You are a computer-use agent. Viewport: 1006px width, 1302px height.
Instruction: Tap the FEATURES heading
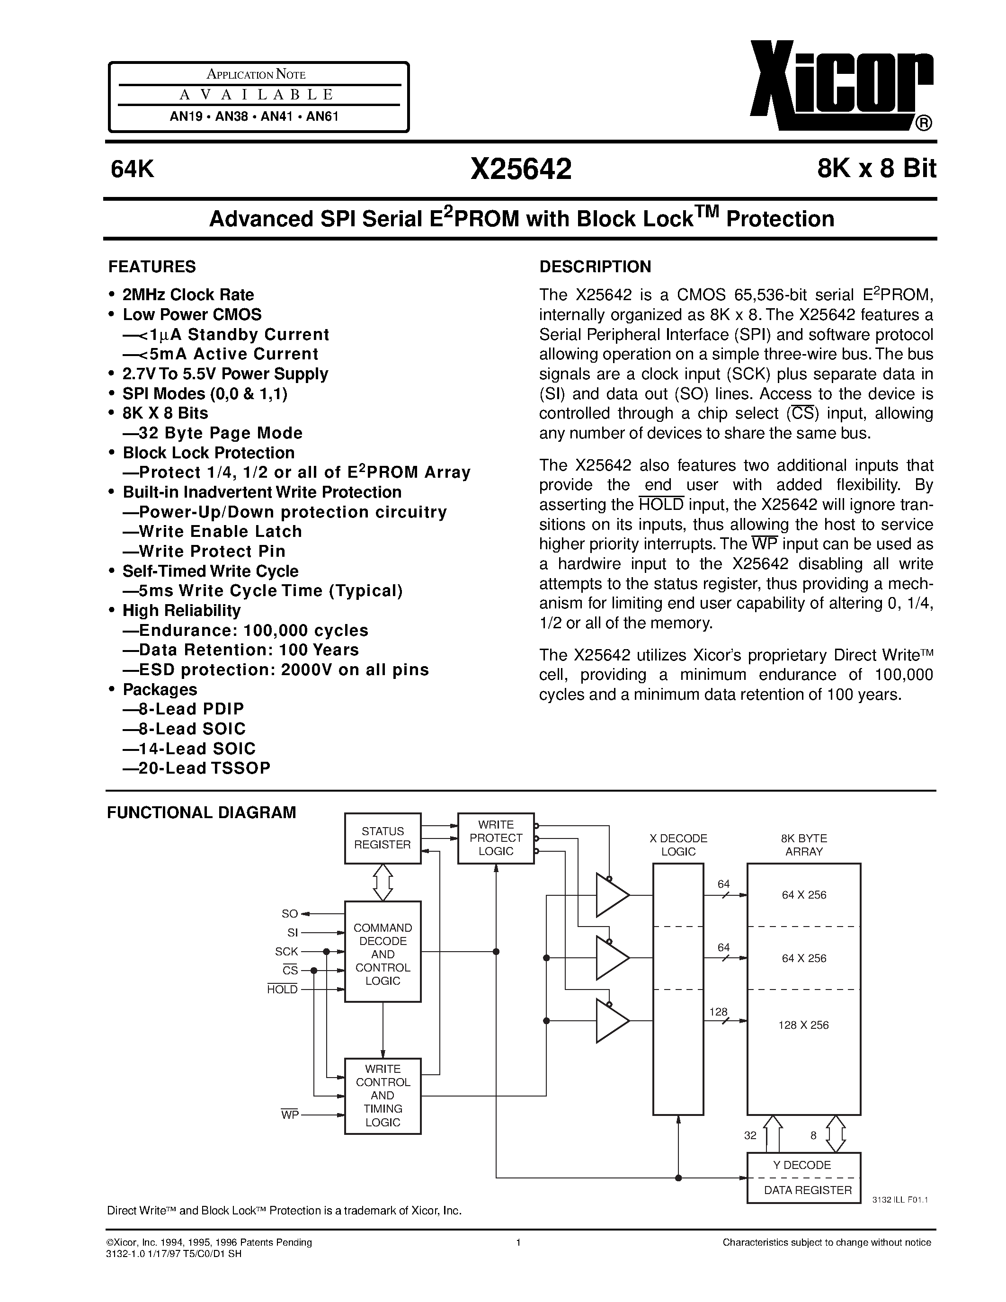point(152,267)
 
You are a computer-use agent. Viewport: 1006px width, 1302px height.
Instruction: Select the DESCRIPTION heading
point(595,267)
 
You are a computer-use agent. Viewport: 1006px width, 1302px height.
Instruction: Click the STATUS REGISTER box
point(383,838)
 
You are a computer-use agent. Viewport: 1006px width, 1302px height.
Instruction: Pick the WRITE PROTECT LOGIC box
point(496,838)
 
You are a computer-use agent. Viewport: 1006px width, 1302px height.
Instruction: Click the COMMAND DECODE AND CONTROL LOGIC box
point(383,954)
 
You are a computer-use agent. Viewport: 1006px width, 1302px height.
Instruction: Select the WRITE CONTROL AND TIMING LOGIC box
point(383,1096)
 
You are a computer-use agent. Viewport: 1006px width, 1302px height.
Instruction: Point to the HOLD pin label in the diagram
point(283,990)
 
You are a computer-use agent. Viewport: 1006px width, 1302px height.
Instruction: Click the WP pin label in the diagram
point(290,1115)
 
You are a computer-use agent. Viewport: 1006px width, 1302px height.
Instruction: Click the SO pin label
point(290,914)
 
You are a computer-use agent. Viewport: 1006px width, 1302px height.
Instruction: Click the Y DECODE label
point(802,1165)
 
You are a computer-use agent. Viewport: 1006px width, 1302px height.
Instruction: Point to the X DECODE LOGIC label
point(678,845)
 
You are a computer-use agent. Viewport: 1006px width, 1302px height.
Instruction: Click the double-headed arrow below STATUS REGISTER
point(383,883)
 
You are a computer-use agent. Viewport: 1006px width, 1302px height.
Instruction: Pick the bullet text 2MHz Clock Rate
point(188,294)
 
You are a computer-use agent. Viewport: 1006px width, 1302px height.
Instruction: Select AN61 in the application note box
point(322,117)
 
